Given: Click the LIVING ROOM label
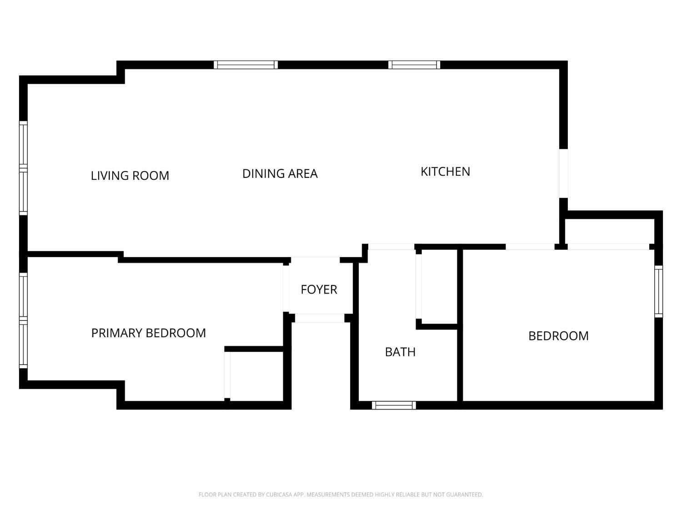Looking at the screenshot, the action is [x=130, y=176].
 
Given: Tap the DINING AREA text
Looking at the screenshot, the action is [x=280, y=173].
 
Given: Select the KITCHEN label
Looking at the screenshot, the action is [x=445, y=172].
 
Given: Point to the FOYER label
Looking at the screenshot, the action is [x=319, y=289].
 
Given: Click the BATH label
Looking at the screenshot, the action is [x=400, y=352].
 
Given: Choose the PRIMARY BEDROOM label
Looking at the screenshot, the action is [x=149, y=333].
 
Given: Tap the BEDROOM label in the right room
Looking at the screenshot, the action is [x=558, y=336].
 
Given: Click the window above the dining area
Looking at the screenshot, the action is [x=246, y=65].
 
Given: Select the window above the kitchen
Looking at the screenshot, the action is [x=414, y=65].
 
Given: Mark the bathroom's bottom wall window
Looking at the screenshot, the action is [x=394, y=405].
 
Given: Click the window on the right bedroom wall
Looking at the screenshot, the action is [x=658, y=291].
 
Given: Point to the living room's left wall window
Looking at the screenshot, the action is [x=23, y=168].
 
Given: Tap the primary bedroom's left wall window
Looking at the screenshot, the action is [x=23, y=320].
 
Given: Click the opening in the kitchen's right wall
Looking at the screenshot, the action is [x=563, y=173].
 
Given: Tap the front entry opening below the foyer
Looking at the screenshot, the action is [x=320, y=318].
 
